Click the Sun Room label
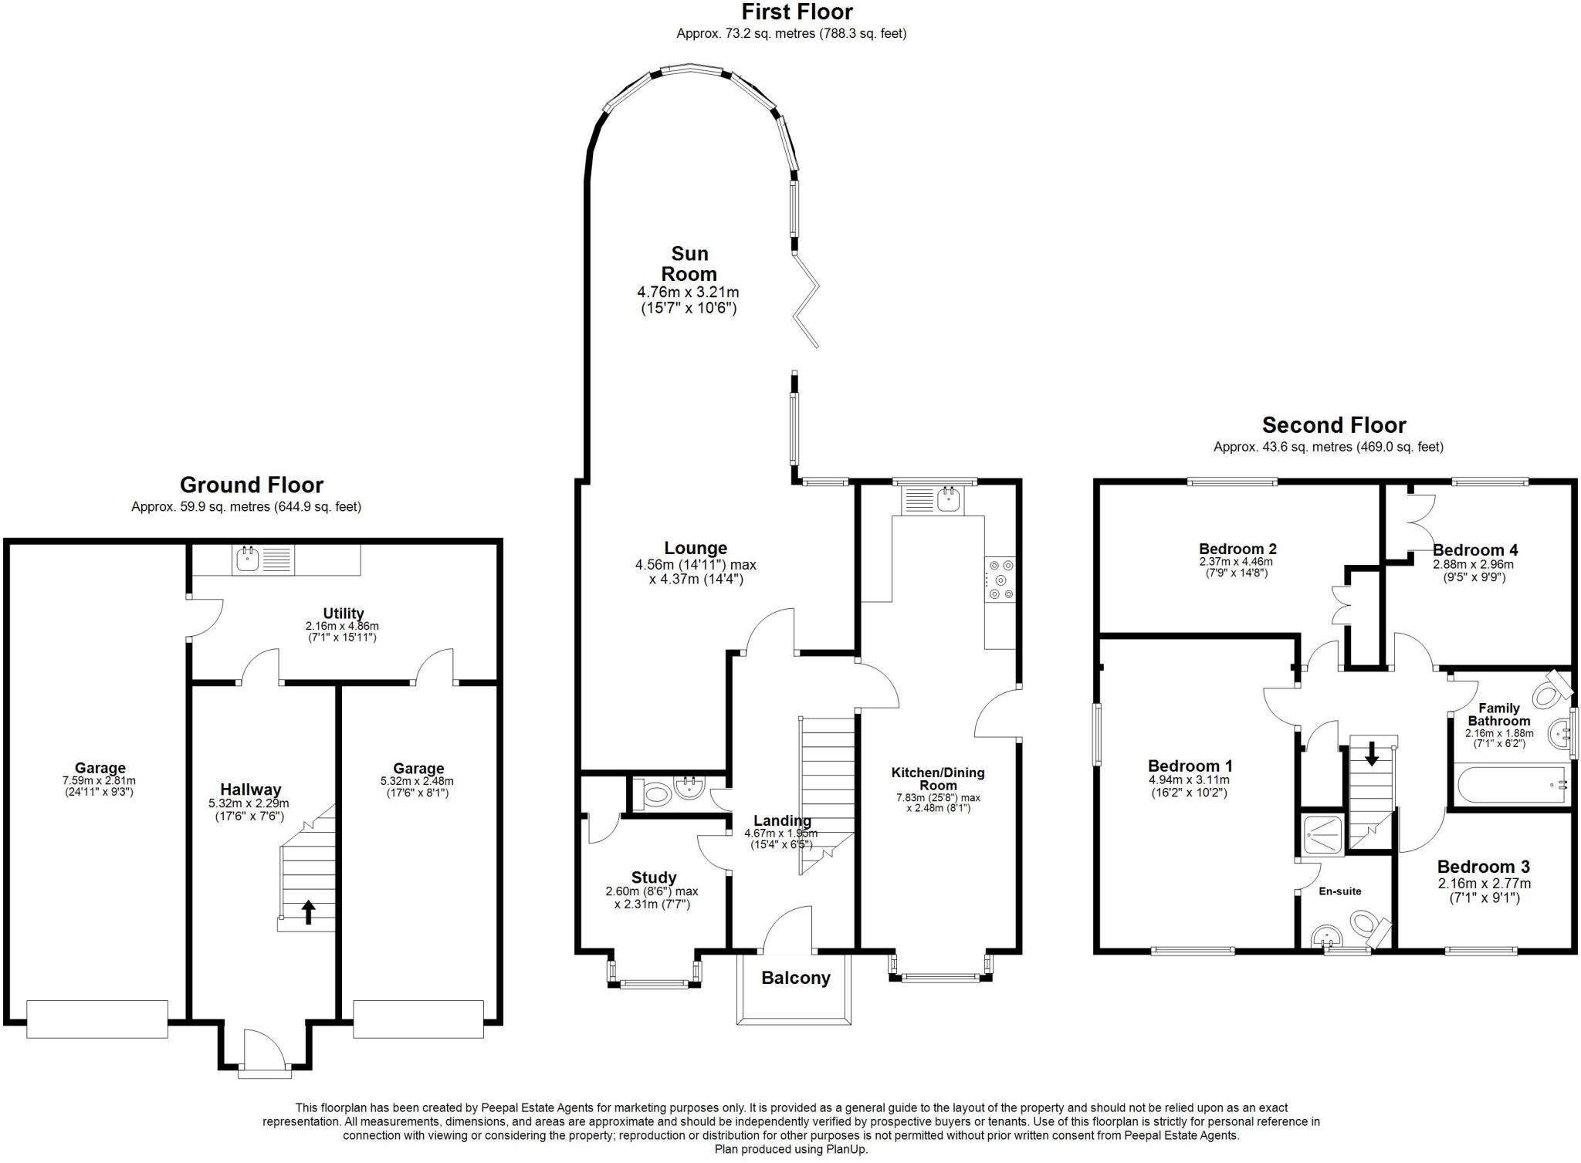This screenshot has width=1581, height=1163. pos(689,264)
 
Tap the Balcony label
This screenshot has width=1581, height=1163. pos(795,979)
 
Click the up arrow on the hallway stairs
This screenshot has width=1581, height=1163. pos(308,912)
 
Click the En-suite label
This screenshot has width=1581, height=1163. pos(1340,891)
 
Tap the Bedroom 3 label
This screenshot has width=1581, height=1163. pos(1484,867)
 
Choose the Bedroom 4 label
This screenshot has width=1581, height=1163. pos(1475,550)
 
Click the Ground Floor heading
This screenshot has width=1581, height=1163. pos(252,485)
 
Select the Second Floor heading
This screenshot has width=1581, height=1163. pos(1334,424)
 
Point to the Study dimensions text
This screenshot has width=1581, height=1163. pos(652,898)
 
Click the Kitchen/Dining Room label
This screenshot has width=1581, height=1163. pos(938,779)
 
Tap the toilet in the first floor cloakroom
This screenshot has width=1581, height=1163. pos(652,793)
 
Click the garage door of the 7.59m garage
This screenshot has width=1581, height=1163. pos(97,1019)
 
